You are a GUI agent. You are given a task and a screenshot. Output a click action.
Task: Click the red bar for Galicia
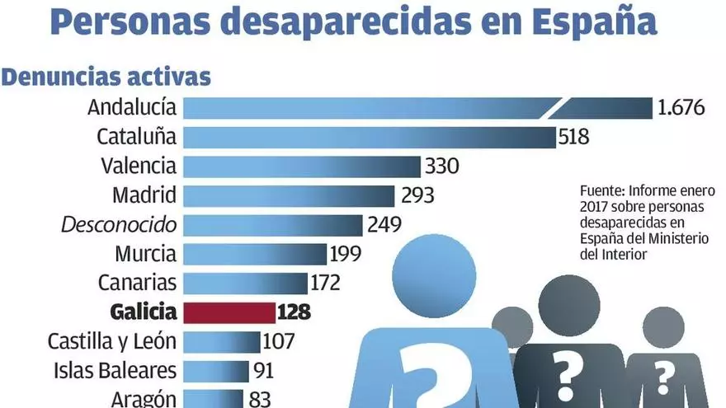tap(229, 312)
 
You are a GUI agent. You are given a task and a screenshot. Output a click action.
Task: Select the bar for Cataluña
tap(369, 136)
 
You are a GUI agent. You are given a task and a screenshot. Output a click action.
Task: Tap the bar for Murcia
tap(254, 254)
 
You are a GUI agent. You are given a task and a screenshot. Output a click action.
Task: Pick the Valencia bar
tap(301, 166)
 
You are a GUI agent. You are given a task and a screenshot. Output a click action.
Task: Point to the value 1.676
tap(681, 107)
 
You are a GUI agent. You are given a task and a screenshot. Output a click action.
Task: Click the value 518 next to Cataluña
tap(574, 136)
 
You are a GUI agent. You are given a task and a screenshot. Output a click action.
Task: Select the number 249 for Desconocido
tap(384, 224)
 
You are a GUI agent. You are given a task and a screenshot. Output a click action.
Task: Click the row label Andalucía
tap(132, 107)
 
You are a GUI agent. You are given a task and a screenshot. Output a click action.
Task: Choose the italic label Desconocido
tap(120, 224)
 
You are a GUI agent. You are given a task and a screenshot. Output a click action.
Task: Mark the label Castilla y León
tap(112, 341)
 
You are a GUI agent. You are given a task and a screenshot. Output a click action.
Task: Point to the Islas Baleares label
tap(114, 371)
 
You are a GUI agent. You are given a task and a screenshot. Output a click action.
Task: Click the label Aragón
tap(144, 399)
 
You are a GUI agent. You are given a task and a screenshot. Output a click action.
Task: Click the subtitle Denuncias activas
tap(106, 77)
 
